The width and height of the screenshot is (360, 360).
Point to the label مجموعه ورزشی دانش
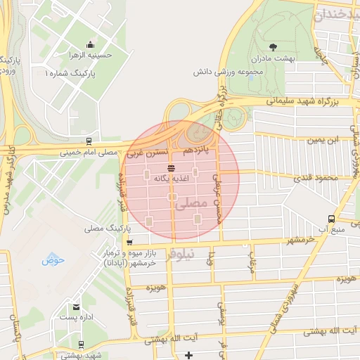click(x=229, y=71)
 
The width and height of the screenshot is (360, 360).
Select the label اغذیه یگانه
click(x=172, y=179)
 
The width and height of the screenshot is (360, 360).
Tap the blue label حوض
click(x=52, y=261)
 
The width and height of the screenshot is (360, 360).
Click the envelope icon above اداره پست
click(x=75, y=307)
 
